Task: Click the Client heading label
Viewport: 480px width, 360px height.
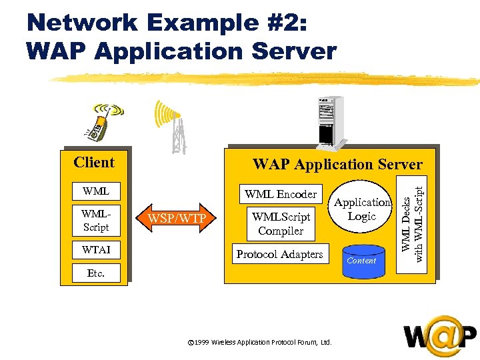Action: point(94,162)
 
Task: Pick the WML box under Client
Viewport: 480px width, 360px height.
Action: point(96,191)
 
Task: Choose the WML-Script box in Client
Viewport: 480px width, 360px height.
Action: point(96,220)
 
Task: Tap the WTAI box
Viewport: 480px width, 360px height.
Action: point(96,249)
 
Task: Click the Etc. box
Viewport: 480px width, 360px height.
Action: point(96,273)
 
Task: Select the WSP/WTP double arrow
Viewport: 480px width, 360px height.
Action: point(177,218)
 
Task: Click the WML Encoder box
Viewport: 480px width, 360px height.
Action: point(281,194)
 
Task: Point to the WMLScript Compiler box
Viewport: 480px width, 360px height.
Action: point(281,224)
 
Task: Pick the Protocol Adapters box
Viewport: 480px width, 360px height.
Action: point(279,254)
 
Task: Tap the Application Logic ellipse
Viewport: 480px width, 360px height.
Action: point(363,209)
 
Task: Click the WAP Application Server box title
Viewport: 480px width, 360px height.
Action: point(337,164)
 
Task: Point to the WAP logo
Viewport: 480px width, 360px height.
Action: point(439,337)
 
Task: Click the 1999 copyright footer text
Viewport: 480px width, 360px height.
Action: point(260,342)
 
